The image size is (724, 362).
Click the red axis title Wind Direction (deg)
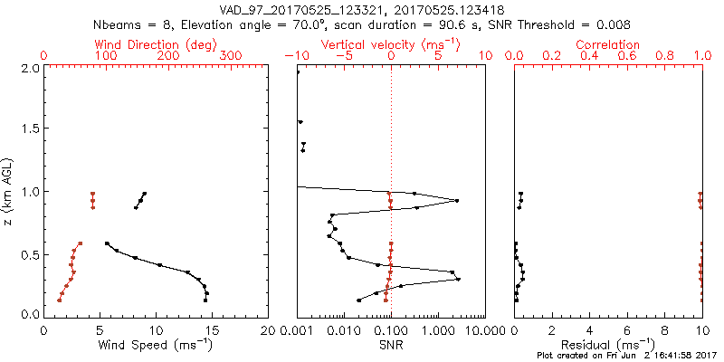pos(156,44)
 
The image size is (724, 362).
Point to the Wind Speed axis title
pos(156,345)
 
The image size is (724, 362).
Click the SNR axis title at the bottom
pos(390,345)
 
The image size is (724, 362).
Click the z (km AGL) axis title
pos(12,191)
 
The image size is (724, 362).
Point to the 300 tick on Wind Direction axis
pos(231,56)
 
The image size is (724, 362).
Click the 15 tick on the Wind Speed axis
pos(212,331)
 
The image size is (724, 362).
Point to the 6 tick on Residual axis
pos(627,331)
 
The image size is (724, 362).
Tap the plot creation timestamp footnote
pos(627,356)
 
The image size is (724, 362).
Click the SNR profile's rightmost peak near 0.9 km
pos(457,201)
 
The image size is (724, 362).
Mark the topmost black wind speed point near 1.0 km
pos(145,193)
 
